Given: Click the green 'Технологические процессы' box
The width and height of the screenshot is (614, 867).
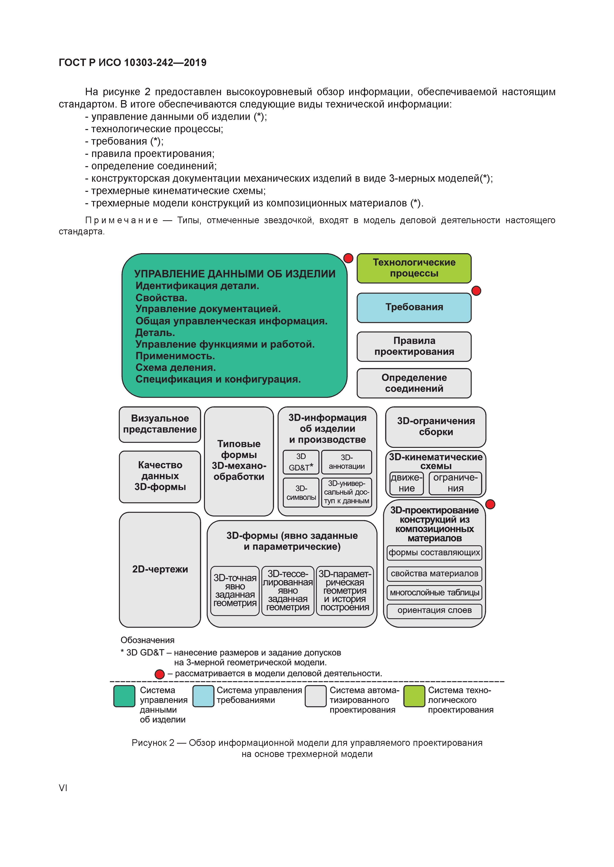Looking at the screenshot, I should point(414,268).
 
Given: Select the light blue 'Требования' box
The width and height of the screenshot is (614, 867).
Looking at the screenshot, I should point(414,307).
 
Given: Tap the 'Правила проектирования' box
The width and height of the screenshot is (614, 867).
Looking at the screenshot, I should point(414,346).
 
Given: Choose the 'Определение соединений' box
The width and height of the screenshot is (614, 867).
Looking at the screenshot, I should point(414,383).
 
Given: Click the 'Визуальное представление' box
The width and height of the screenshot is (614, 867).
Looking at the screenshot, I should point(160,424).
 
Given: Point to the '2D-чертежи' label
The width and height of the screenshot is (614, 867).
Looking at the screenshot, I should point(160,569).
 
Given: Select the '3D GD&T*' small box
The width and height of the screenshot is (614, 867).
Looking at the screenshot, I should point(301,462).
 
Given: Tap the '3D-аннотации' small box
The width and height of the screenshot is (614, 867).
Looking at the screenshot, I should point(346,462).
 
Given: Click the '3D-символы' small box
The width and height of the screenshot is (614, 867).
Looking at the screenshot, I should point(301,493).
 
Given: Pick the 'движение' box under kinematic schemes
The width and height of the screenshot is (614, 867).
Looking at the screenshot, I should point(406,483).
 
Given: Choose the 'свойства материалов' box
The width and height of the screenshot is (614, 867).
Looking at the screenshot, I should point(434,574).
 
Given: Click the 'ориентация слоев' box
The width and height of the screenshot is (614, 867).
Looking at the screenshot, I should point(434,610).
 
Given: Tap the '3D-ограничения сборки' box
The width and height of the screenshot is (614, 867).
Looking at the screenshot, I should point(436,427).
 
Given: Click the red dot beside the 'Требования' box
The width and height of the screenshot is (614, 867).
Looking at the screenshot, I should point(476,291).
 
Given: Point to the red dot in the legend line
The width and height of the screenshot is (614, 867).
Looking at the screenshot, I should point(160,674).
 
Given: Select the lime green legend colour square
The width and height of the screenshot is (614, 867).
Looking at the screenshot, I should point(414,696).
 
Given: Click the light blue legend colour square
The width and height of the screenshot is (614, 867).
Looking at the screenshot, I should point(203,696).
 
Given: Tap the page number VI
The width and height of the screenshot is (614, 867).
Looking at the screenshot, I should point(63,788).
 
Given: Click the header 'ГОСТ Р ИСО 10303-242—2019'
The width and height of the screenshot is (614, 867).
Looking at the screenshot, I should point(132,63).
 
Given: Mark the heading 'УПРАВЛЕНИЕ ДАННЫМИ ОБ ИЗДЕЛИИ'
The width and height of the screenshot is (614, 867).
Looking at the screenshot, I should point(234,274).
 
